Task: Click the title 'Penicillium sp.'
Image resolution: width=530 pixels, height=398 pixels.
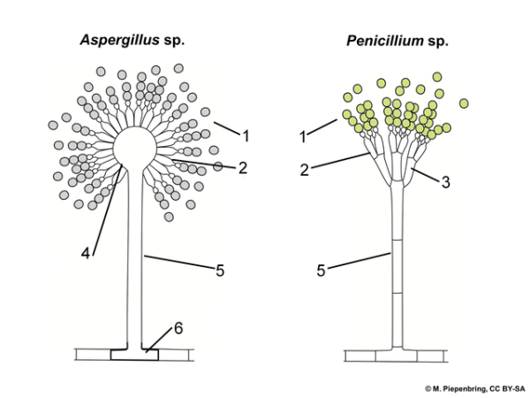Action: pyautogui.click(x=398, y=40)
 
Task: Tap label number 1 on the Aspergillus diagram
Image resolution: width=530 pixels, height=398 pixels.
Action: pyautogui.click(x=246, y=136)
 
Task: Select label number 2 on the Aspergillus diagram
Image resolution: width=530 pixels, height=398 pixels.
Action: pyautogui.click(x=242, y=166)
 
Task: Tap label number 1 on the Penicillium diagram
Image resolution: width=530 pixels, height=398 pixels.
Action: pyautogui.click(x=302, y=137)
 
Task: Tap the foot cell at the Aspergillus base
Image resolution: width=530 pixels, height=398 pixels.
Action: pyautogui.click(x=134, y=356)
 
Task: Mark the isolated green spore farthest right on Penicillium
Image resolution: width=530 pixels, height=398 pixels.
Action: pyautogui.click(x=464, y=103)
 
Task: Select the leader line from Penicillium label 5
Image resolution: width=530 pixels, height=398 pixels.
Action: pyautogui.click(x=362, y=261)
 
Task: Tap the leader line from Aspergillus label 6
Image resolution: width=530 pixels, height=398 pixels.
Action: pyautogui.click(x=161, y=341)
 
